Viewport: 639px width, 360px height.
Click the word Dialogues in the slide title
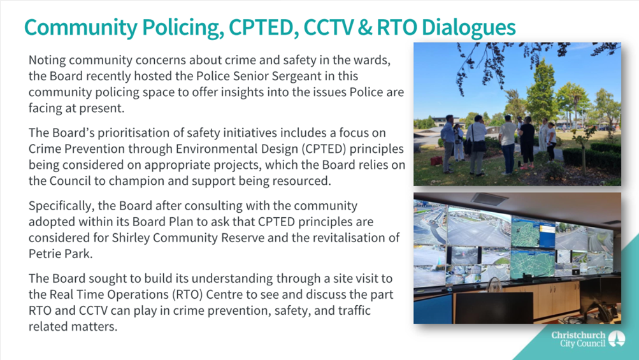[x=468, y=28]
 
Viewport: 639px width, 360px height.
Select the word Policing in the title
[x=183, y=28]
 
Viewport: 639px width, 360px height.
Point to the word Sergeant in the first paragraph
[x=329, y=76]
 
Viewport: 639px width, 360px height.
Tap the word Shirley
[x=131, y=238]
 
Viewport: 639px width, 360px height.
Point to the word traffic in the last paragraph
[x=354, y=310]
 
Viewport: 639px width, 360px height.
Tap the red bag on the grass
[x=436, y=161]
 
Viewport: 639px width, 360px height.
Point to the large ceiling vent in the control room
[x=489, y=199]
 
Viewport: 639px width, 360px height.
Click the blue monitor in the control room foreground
[x=433, y=308]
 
